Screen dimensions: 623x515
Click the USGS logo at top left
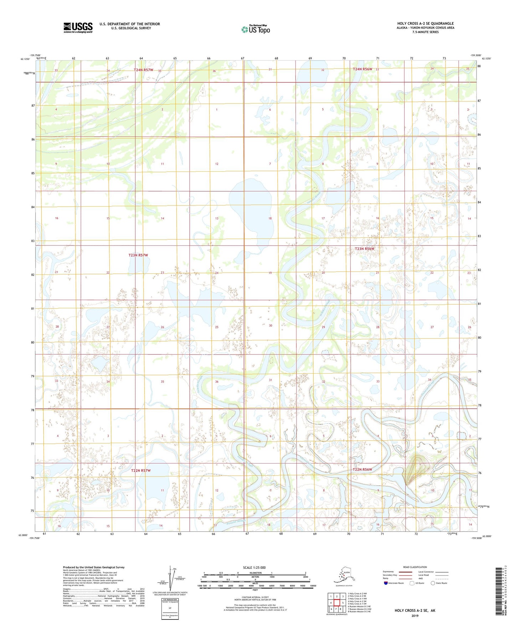tap(78, 27)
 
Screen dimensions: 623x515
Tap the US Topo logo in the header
tap(256, 29)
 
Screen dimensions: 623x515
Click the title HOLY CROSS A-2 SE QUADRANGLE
tap(426, 24)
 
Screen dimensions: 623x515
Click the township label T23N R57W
tap(138, 255)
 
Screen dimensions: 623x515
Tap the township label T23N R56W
tap(365, 249)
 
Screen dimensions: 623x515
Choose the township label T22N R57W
tap(141, 471)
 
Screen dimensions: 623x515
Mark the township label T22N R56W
tap(362, 470)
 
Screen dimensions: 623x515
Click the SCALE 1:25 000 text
tap(254, 567)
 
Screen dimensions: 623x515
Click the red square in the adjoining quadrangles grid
tap(336, 603)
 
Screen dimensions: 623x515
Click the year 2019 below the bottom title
tap(415, 616)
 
